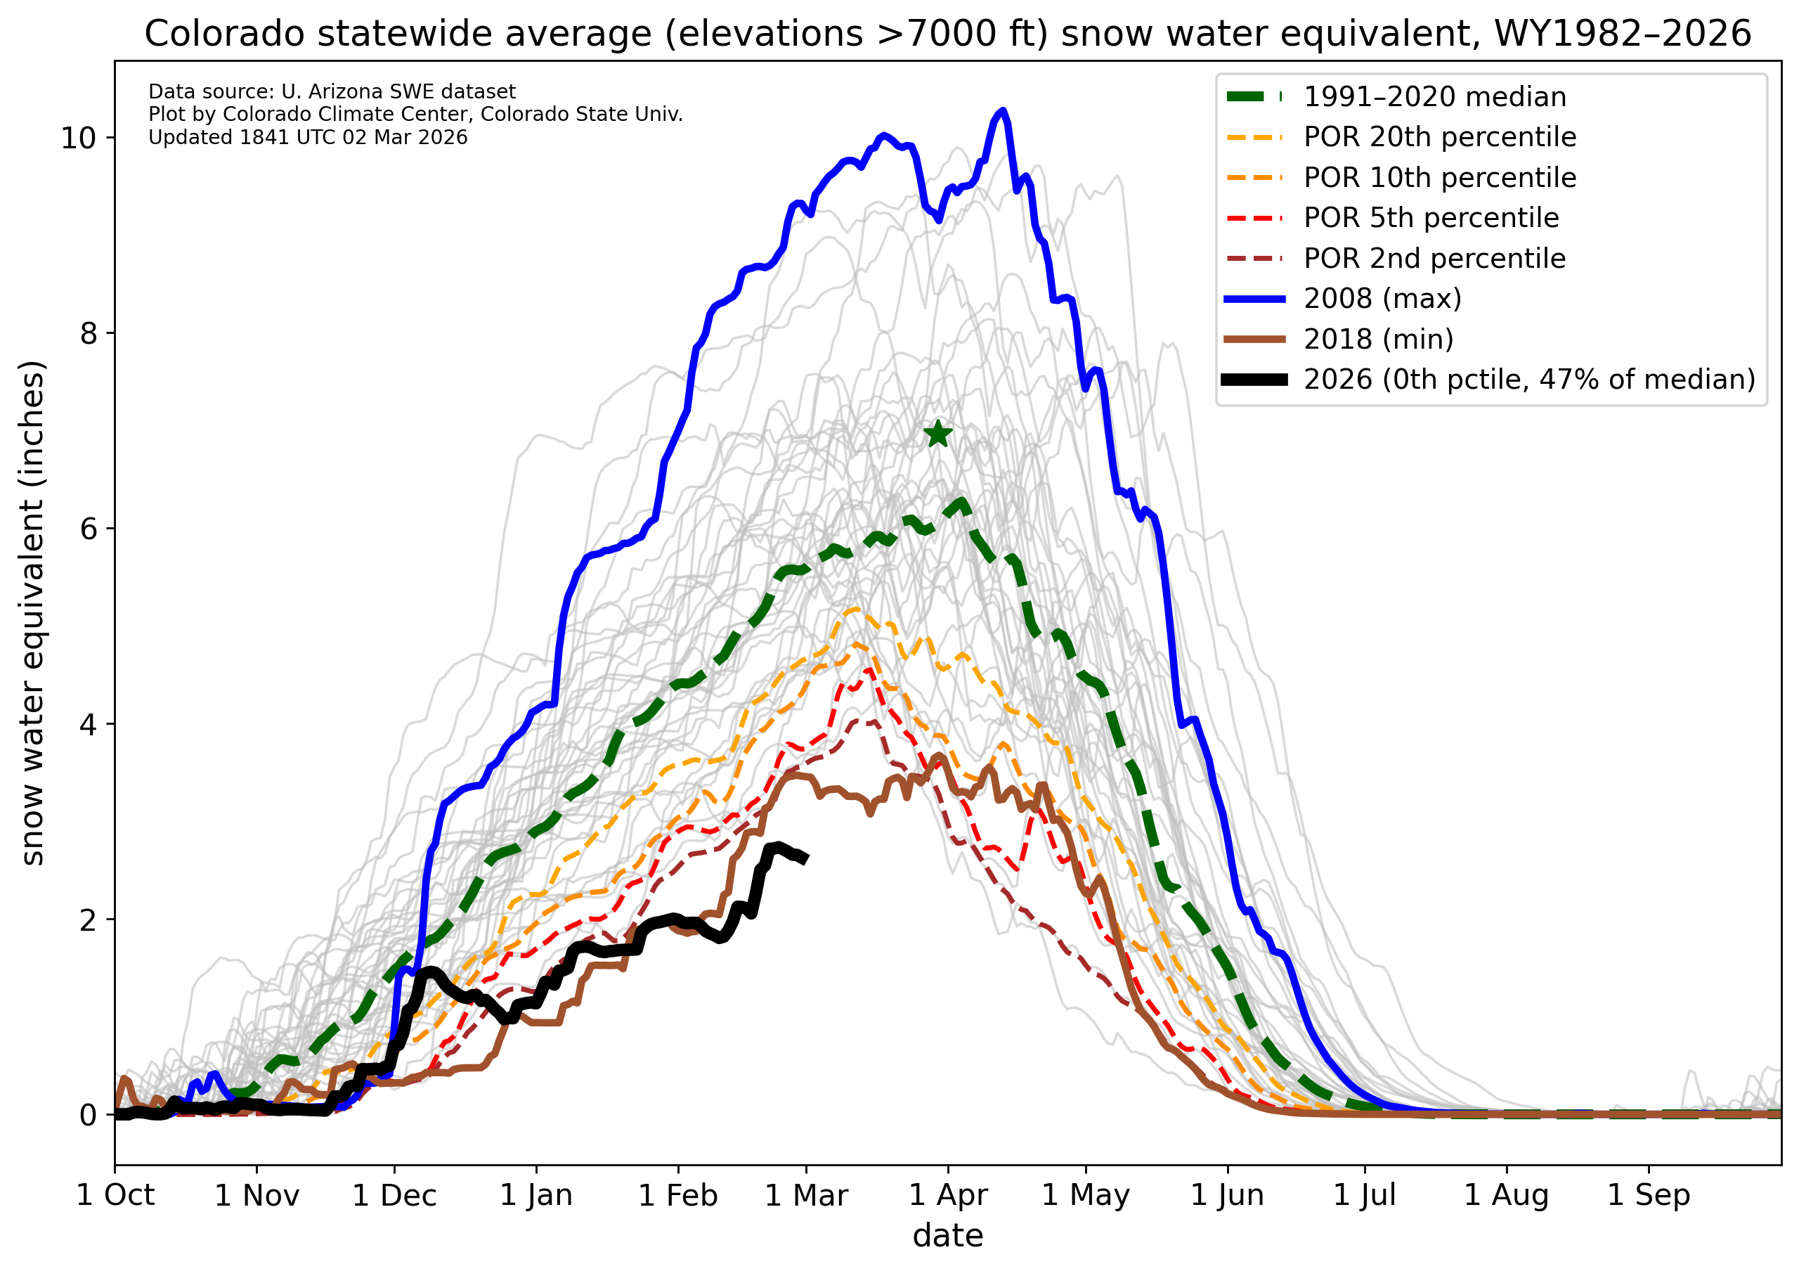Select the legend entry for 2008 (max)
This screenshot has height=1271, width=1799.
pos(1383,299)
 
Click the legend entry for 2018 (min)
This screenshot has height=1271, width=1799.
pos(1378,340)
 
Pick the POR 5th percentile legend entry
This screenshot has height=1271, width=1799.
pos(1431,218)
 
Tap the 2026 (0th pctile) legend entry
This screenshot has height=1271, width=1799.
pos(1528,380)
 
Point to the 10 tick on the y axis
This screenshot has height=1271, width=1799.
pos(77,138)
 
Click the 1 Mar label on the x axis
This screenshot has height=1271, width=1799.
pos(806,1196)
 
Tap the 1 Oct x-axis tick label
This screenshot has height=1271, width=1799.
pos(115,1196)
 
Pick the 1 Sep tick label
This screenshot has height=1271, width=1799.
pos(1649,1196)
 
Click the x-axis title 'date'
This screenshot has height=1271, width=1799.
pos(947,1237)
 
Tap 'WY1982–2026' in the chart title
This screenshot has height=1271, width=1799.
pos(1622,34)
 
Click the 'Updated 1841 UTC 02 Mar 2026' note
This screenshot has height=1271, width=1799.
pos(308,138)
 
